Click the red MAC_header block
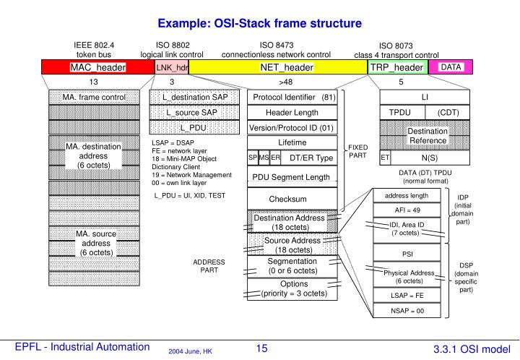pyautogui.click(x=98, y=67)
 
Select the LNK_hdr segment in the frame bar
pyautogui.click(x=172, y=67)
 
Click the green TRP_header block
pyautogui.click(x=396, y=67)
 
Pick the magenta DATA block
pyautogui.click(x=451, y=67)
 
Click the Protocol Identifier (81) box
pyautogui.click(x=292, y=97)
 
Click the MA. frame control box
pyautogui.click(x=94, y=97)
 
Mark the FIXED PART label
pyautogui.click(x=357, y=150)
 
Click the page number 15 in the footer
pyautogui.click(x=261, y=348)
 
